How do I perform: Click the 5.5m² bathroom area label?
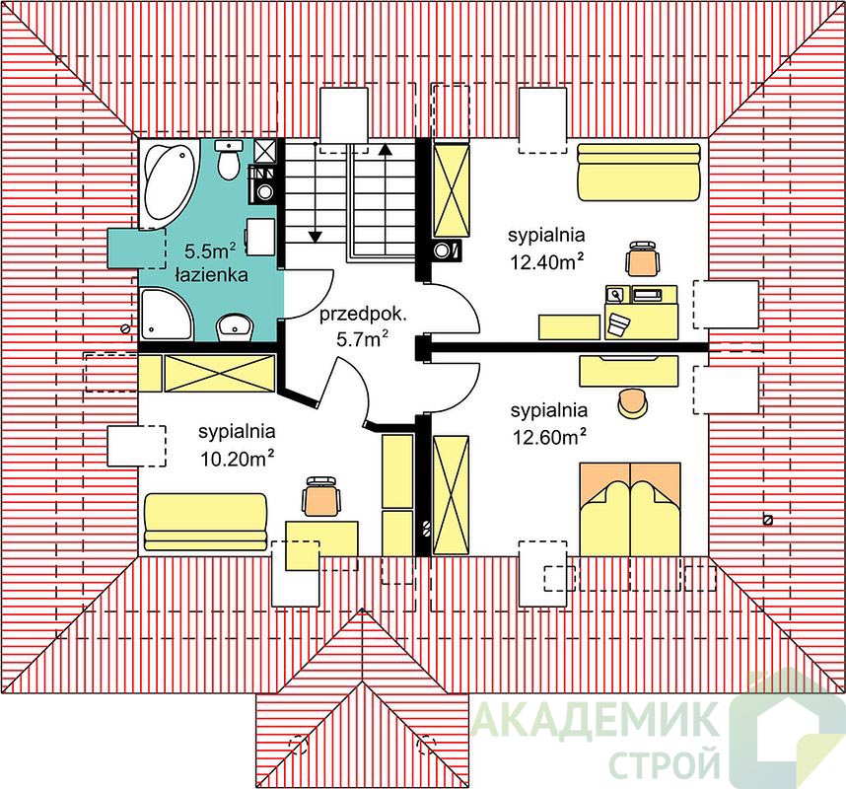pyautogui.click(x=210, y=251)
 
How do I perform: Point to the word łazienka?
pyautogui.click(x=212, y=275)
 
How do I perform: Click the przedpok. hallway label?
pyautogui.click(x=363, y=315)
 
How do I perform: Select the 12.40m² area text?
pyautogui.click(x=547, y=261)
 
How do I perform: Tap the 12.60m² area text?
pyautogui.click(x=549, y=437)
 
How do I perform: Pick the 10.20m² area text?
pyautogui.click(x=238, y=459)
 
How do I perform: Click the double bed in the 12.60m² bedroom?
pyautogui.click(x=630, y=509)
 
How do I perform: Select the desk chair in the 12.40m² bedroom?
pyautogui.click(x=643, y=259)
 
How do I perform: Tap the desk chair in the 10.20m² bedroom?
pyautogui.click(x=321, y=495)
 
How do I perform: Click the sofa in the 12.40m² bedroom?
pyautogui.click(x=639, y=172)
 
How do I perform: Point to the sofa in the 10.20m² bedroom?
pyautogui.click(x=205, y=522)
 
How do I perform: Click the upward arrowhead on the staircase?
pyautogui.click(x=385, y=149)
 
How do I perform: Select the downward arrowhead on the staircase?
pyautogui.click(x=316, y=237)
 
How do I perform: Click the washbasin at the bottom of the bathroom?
pyautogui.click(x=235, y=327)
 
